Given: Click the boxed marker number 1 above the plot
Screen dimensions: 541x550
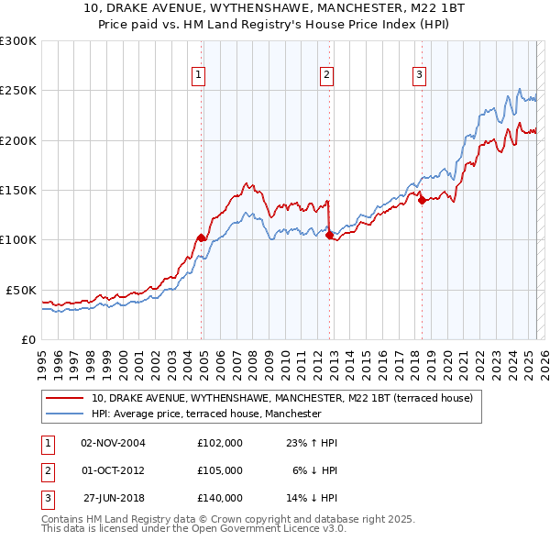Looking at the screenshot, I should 199,76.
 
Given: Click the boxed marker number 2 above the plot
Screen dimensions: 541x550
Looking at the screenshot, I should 327,76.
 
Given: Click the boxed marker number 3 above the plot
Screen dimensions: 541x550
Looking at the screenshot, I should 419,76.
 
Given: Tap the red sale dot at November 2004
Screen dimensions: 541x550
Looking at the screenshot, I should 201,237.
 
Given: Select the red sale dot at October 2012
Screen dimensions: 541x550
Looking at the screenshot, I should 329,235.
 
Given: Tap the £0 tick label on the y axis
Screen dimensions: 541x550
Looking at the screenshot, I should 27,339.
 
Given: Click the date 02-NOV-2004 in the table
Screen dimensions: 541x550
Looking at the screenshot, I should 113,443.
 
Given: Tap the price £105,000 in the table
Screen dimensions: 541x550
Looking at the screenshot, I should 220,470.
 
